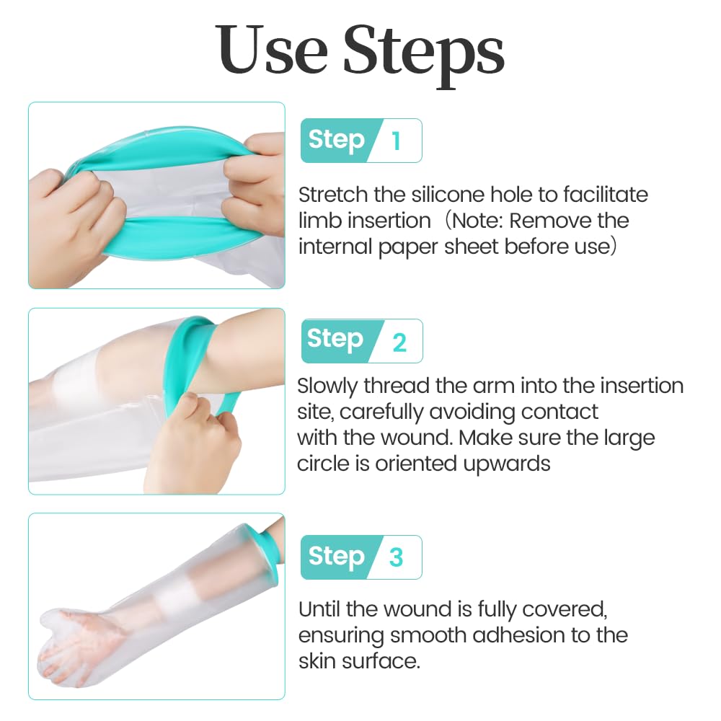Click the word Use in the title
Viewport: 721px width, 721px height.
pyautogui.click(x=271, y=51)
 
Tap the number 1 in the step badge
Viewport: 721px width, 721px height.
pyautogui.click(x=395, y=141)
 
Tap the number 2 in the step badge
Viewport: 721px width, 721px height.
pyautogui.click(x=399, y=342)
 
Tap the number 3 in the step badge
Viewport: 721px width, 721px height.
pyautogui.click(x=396, y=557)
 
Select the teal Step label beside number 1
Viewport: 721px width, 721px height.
pyautogui.click(x=336, y=139)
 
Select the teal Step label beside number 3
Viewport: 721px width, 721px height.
pyautogui.click(x=336, y=556)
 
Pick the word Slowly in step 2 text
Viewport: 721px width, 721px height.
pyautogui.click(x=327, y=386)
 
